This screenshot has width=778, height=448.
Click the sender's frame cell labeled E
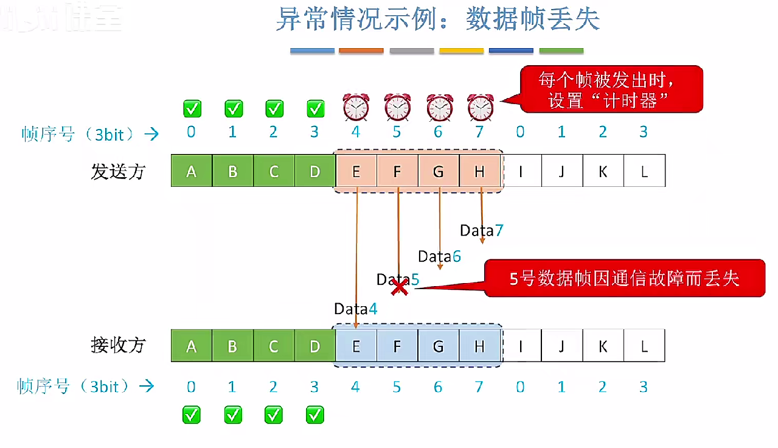(356, 171)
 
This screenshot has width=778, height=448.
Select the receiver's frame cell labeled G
(439, 346)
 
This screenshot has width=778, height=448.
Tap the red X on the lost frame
(400, 287)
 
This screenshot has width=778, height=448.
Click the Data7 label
(481, 231)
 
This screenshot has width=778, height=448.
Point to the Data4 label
(356, 309)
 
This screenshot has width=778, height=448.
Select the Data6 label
(439, 257)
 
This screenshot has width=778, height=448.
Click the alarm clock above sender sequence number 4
(356, 108)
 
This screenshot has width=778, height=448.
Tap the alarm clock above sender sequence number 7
(481, 108)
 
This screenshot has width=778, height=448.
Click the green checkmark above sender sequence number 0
(192, 109)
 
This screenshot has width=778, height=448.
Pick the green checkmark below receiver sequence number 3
(315, 415)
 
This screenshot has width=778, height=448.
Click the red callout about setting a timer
(611, 89)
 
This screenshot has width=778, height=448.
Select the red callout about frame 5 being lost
(624, 278)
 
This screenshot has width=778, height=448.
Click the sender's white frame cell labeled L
(644, 171)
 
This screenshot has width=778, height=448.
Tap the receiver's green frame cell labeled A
(192, 346)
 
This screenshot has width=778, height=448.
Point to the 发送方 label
(118, 172)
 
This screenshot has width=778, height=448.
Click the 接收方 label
(118, 345)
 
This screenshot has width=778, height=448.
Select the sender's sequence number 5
(397, 132)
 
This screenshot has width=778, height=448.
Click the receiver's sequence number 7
(479, 387)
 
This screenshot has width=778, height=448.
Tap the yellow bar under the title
(461, 51)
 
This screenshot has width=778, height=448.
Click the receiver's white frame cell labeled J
(561, 346)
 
